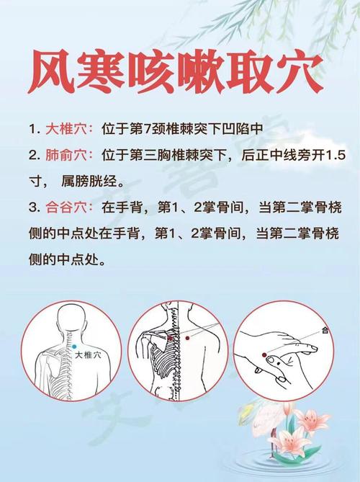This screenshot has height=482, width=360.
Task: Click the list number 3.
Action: coord(33,207)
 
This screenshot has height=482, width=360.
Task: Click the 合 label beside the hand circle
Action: coord(325,331)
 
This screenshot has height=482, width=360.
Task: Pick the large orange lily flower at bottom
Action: coord(310,422)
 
